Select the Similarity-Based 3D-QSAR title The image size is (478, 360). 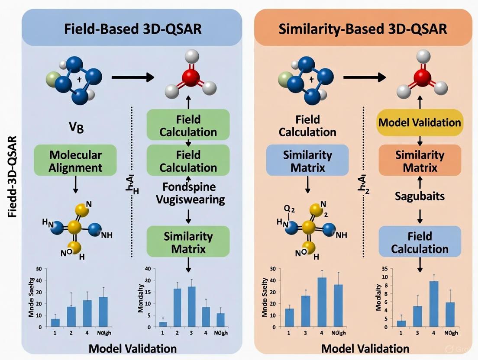363,30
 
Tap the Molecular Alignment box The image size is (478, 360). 76,161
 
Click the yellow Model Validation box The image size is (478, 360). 420,122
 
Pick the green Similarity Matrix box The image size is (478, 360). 188,243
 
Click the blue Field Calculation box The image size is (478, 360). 420,243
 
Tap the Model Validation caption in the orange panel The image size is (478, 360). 366,349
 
